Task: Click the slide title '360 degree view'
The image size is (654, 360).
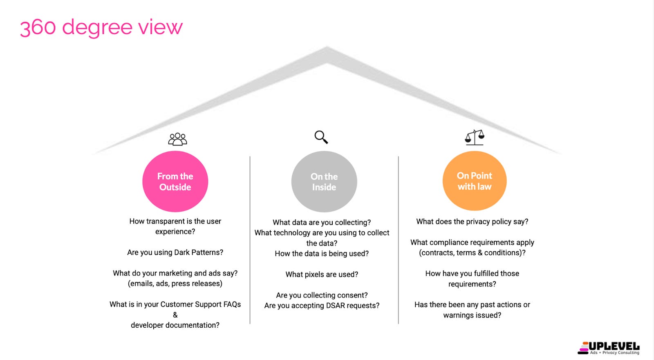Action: coord(101,27)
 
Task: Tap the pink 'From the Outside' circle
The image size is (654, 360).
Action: coord(175,181)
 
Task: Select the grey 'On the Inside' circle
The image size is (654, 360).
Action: coord(324,182)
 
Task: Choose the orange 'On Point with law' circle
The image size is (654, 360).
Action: coord(475,181)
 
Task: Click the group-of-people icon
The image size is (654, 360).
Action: coord(177,139)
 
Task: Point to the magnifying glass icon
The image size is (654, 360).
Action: coord(321,137)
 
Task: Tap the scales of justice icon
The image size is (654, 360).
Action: coord(475,137)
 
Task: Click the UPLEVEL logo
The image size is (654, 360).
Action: coord(609,348)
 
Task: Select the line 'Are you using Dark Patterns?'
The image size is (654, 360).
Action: coord(175,253)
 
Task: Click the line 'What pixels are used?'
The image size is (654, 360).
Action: coord(322,275)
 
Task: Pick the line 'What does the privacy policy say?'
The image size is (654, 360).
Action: coord(472,221)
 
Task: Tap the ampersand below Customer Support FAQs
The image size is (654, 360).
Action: coord(175,315)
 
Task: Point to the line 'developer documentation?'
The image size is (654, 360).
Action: coord(175,325)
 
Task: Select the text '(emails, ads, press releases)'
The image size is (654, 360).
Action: coord(175,284)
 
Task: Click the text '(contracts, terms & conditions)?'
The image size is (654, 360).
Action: coord(472,253)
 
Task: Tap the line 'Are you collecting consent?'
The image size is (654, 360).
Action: coord(322,295)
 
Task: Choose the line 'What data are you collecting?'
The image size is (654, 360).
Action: coord(322,222)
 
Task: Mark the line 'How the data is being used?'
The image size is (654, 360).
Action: coord(322,254)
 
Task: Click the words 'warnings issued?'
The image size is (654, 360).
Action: coord(472,315)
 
